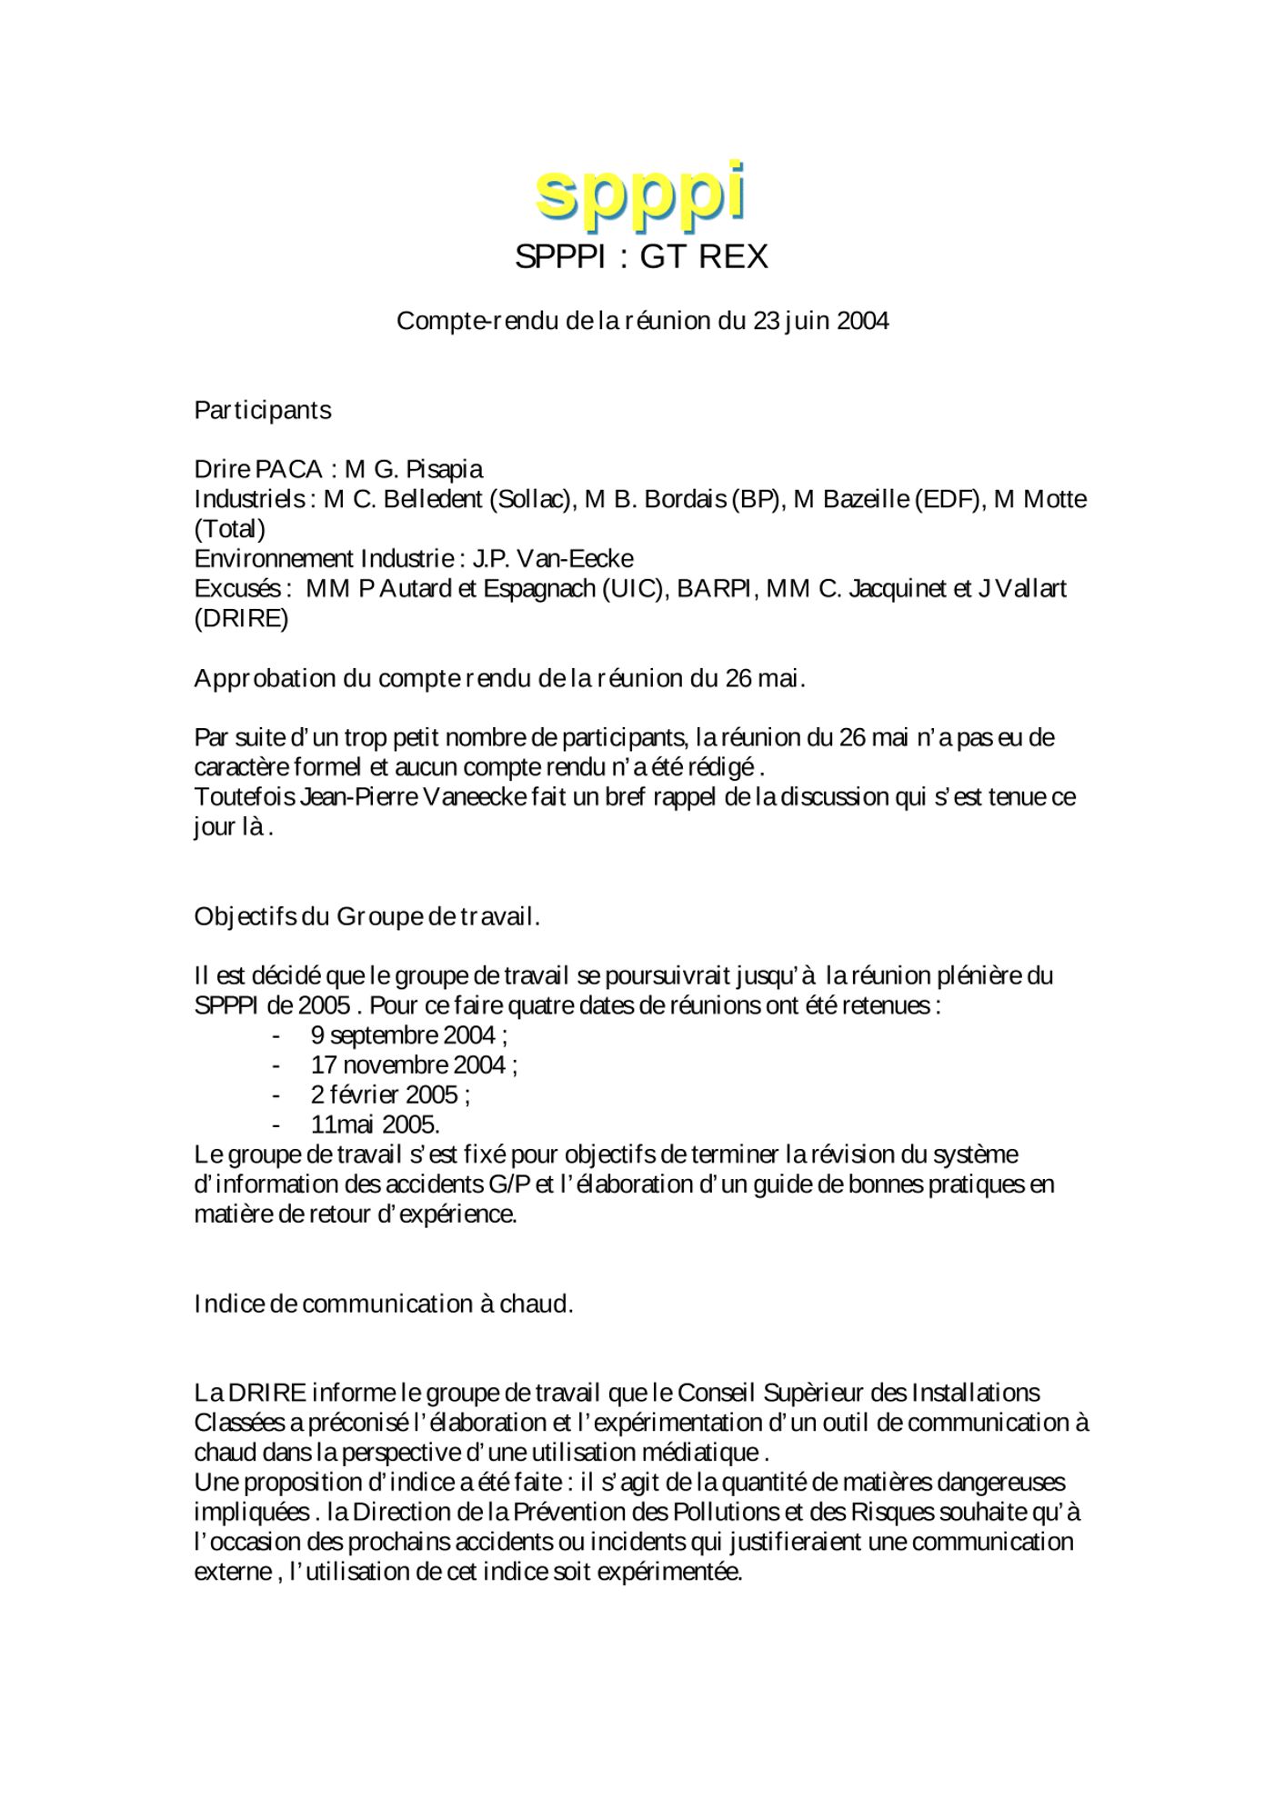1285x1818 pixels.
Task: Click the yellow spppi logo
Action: (x=641, y=193)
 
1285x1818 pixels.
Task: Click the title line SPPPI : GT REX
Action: (x=641, y=257)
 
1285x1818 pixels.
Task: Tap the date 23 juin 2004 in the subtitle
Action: (x=820, y=321)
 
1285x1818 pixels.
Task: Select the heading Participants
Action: (x=263, y=410)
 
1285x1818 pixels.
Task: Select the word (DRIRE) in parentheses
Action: (x=241, y=619)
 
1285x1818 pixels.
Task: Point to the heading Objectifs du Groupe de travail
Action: (x=367, y=916)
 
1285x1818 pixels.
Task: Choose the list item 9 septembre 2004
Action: (x=408, y=1035)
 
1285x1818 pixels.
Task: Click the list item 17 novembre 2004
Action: (x=414, y=1065)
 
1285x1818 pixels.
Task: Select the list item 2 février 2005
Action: (x=389, y=1094)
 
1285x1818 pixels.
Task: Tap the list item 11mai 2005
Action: (x=375, y=1124)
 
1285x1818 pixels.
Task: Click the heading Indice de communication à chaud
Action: (x=384, y=1304)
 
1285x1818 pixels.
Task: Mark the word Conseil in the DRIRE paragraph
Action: (x=717, y=1393)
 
